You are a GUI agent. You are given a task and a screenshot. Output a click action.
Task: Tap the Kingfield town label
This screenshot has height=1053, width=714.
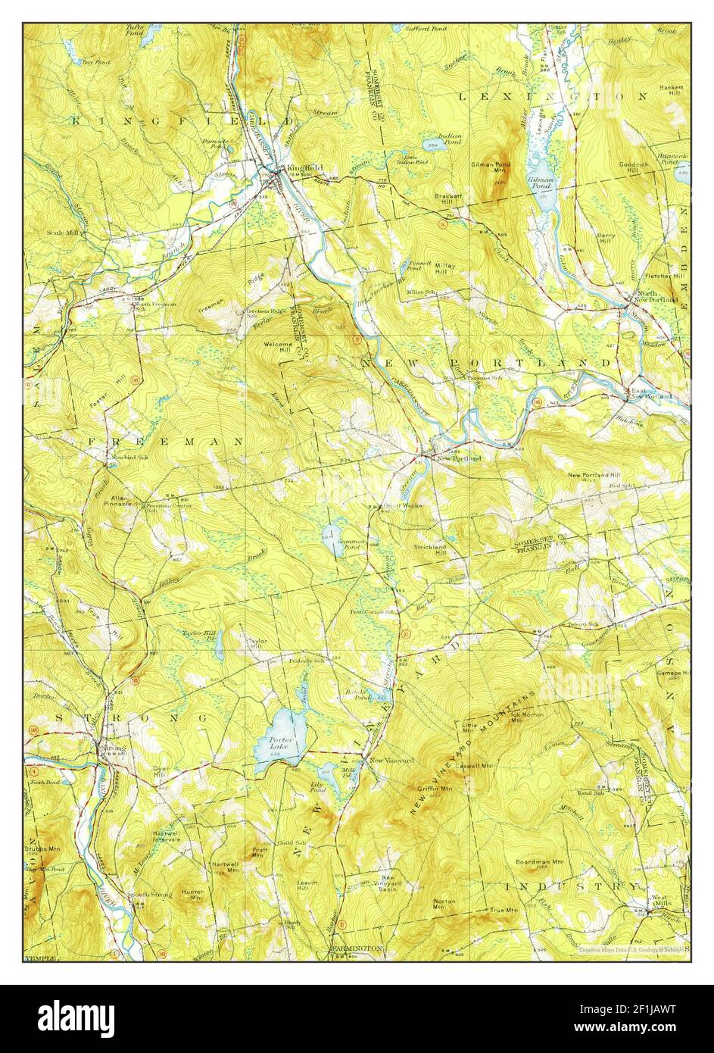point(301,167)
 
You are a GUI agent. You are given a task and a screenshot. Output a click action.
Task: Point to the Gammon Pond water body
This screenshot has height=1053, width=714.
point(334,540)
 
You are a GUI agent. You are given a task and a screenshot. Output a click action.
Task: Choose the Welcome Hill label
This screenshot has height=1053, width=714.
point(277,347)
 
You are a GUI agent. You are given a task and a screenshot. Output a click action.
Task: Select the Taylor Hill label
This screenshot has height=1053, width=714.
point(257,643)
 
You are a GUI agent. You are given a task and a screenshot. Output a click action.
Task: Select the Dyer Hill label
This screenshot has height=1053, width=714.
point(159,773)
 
